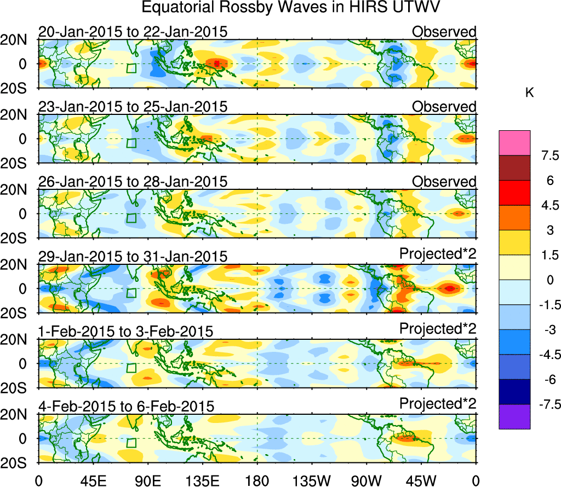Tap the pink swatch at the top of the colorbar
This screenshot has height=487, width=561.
(514, 142)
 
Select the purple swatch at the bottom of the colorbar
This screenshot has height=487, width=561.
(514, 416)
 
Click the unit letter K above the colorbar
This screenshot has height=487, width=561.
(529, 93)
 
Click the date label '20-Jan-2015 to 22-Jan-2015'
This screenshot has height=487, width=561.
(132, 32)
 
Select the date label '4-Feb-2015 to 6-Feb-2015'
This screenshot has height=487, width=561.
(126, 406)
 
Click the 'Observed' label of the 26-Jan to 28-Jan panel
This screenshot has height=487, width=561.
(444, 181)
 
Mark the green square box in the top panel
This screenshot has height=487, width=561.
(131, 68)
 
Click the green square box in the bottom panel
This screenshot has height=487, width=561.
(131, 443)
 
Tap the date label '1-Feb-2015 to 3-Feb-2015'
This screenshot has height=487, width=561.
(125, 331)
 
